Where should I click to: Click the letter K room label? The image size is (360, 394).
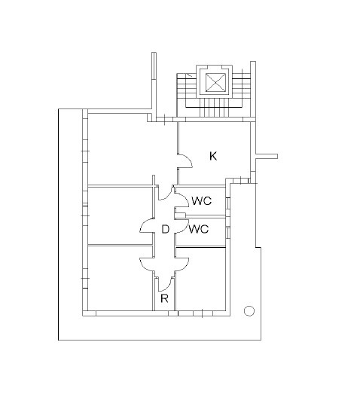click(213, 156)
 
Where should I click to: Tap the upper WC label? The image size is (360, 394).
click(202, 201)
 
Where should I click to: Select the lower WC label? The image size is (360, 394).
click(199, 229)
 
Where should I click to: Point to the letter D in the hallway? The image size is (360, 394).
click(165, 229)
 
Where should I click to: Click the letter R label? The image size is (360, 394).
click(164, 298)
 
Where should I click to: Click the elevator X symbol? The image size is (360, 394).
click(215, 82)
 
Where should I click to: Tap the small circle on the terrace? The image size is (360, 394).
click(249, 311)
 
